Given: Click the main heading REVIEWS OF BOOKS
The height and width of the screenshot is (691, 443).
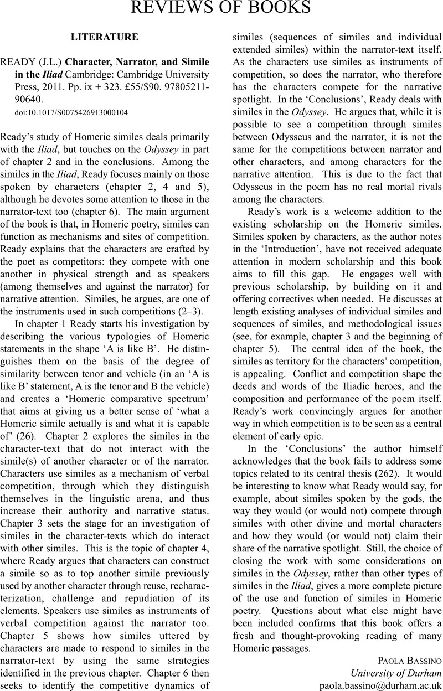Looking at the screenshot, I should coord(220,8).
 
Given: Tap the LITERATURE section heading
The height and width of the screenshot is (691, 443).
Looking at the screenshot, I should coord(105,37).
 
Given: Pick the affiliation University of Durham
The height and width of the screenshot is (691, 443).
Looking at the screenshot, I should coord(396,672).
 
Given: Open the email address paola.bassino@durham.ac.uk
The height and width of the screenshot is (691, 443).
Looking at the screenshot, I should coord(381,685).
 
